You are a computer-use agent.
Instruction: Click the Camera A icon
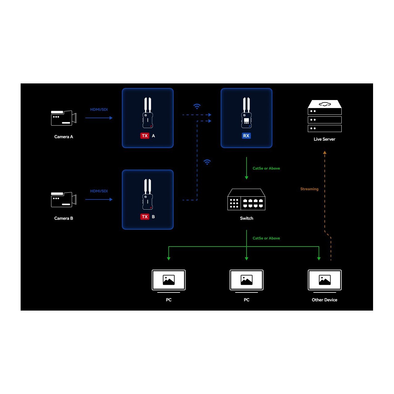coord(64,118)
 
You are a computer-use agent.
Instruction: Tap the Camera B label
coord(64,218)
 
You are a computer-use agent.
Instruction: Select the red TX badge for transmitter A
coord(145,136)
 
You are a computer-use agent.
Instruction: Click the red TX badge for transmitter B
coord(145,217)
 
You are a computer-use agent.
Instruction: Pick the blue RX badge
coord(246,136)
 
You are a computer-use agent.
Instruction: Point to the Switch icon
coord(246,199)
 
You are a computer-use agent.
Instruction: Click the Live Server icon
coord(324,116)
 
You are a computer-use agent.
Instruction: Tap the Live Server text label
coord(324,139)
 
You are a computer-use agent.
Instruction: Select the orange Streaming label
coord(309,189)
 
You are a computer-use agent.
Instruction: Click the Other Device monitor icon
coord(324,281)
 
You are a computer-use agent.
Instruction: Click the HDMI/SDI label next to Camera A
coord(99,110)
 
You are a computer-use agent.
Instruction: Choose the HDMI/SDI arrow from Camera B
coord(99,199)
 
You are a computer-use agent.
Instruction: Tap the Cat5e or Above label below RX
coord(266,168)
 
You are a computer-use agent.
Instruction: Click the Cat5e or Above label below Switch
coord(266,238)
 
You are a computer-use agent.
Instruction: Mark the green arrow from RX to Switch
coord(246,168)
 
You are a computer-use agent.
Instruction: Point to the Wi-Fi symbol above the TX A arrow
coord(197,106)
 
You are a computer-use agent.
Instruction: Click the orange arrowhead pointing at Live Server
coord(325,152)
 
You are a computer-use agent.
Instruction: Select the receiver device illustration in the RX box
coord(246,113)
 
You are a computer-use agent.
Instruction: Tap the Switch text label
coord(246,218)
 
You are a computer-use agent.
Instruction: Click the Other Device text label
coord(324,300)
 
